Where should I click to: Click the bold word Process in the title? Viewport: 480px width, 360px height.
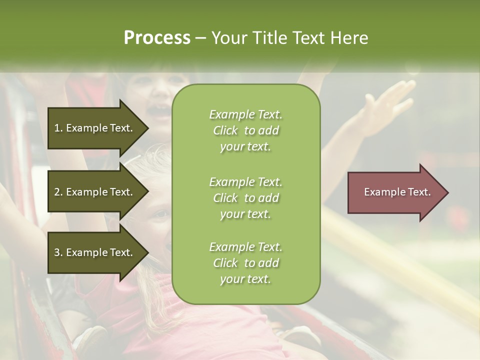157,38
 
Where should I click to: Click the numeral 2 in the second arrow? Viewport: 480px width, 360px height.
57,192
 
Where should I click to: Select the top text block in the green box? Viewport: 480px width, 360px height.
245,130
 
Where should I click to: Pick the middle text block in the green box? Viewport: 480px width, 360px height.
245,198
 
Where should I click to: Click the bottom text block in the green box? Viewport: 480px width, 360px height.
245,263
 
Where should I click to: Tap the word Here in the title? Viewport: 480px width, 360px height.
349,38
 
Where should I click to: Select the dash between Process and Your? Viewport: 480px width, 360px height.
200,38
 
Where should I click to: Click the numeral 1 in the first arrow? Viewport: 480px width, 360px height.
57,128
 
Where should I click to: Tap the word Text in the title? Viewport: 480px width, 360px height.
309,38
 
